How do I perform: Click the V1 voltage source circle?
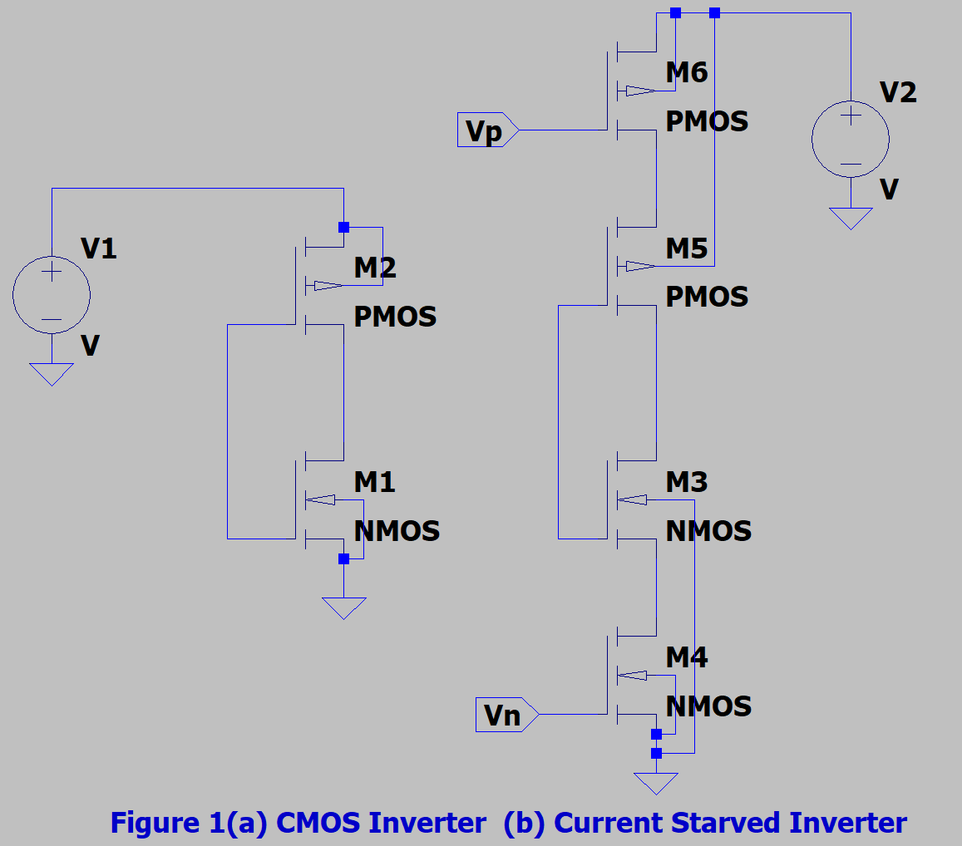pyautogui.click(x=52, y=295)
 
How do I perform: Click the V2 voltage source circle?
pyautogui.click(x=851, y=139)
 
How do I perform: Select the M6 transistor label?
pyautogui.click(x=687, y=73)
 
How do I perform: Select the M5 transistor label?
pyautogui.click(x=687, y=248)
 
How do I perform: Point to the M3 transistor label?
pyautogui.click(x=687, y=482)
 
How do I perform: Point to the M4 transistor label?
pyautogui.click(x=687, y=657)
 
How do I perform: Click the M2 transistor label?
pyautogui.click(x=375, y=268)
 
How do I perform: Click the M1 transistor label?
pyautogui.click(x=375, y=482)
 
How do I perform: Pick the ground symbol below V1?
pyautogui.click(x=52, y=373)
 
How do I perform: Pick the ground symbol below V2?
pyautogui.click(x=851, y=218)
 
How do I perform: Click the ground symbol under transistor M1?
pyautogui.click(x=343, y=607)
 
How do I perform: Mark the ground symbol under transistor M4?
pyautogui.click(x=656, y=783)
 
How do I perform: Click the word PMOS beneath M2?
pyautogui.click(x=395, y=317)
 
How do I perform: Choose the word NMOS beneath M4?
pyautogui.click(x=708, y=706)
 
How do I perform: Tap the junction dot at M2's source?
pyautogui.click(x=343, y=227)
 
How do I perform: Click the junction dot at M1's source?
pyautogui.click(x=343, y=559)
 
